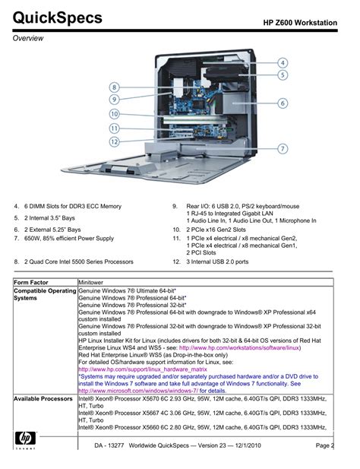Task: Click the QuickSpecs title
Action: pos(58,18)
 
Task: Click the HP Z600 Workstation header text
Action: pos(300,23)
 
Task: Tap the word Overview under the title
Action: pos(28,38)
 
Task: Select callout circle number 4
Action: pos(283,63)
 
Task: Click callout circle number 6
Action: pos(283,103)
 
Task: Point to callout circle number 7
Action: pos(283,149)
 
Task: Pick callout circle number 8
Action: pos(114,87)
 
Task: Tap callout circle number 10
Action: pos(114,114)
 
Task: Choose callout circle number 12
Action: pos(114,141)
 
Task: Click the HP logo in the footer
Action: pos(25,440)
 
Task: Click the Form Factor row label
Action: pos(31,282)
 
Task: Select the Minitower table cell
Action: pos(90,282)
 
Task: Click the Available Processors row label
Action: pos(43,399)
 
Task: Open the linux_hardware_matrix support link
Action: pos(143,369)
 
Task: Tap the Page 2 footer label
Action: pos(325,445)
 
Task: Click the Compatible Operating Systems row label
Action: pos(45,294)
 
